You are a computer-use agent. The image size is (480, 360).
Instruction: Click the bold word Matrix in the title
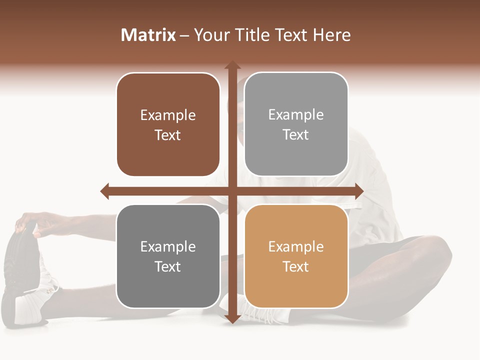pyautogui.click(x=148, y=35)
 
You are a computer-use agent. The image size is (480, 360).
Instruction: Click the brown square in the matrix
pyautogui.click(x=168, y=124)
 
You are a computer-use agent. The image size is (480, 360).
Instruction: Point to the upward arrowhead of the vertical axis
pyautogui.click(x=232, y=66)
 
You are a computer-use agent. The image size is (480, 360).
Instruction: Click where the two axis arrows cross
pyautogui.click(x=232, y=191)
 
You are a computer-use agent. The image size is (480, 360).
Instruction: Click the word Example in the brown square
pyautogui.click(x=168, y=115)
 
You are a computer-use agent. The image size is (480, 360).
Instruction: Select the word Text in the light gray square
pyautogui.click(x=296, y=135)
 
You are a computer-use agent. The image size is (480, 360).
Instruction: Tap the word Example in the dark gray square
pyautogui.click(x=168, y=247)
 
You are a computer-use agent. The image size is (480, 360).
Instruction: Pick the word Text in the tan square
pyautogui.click(x=296, y=266)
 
